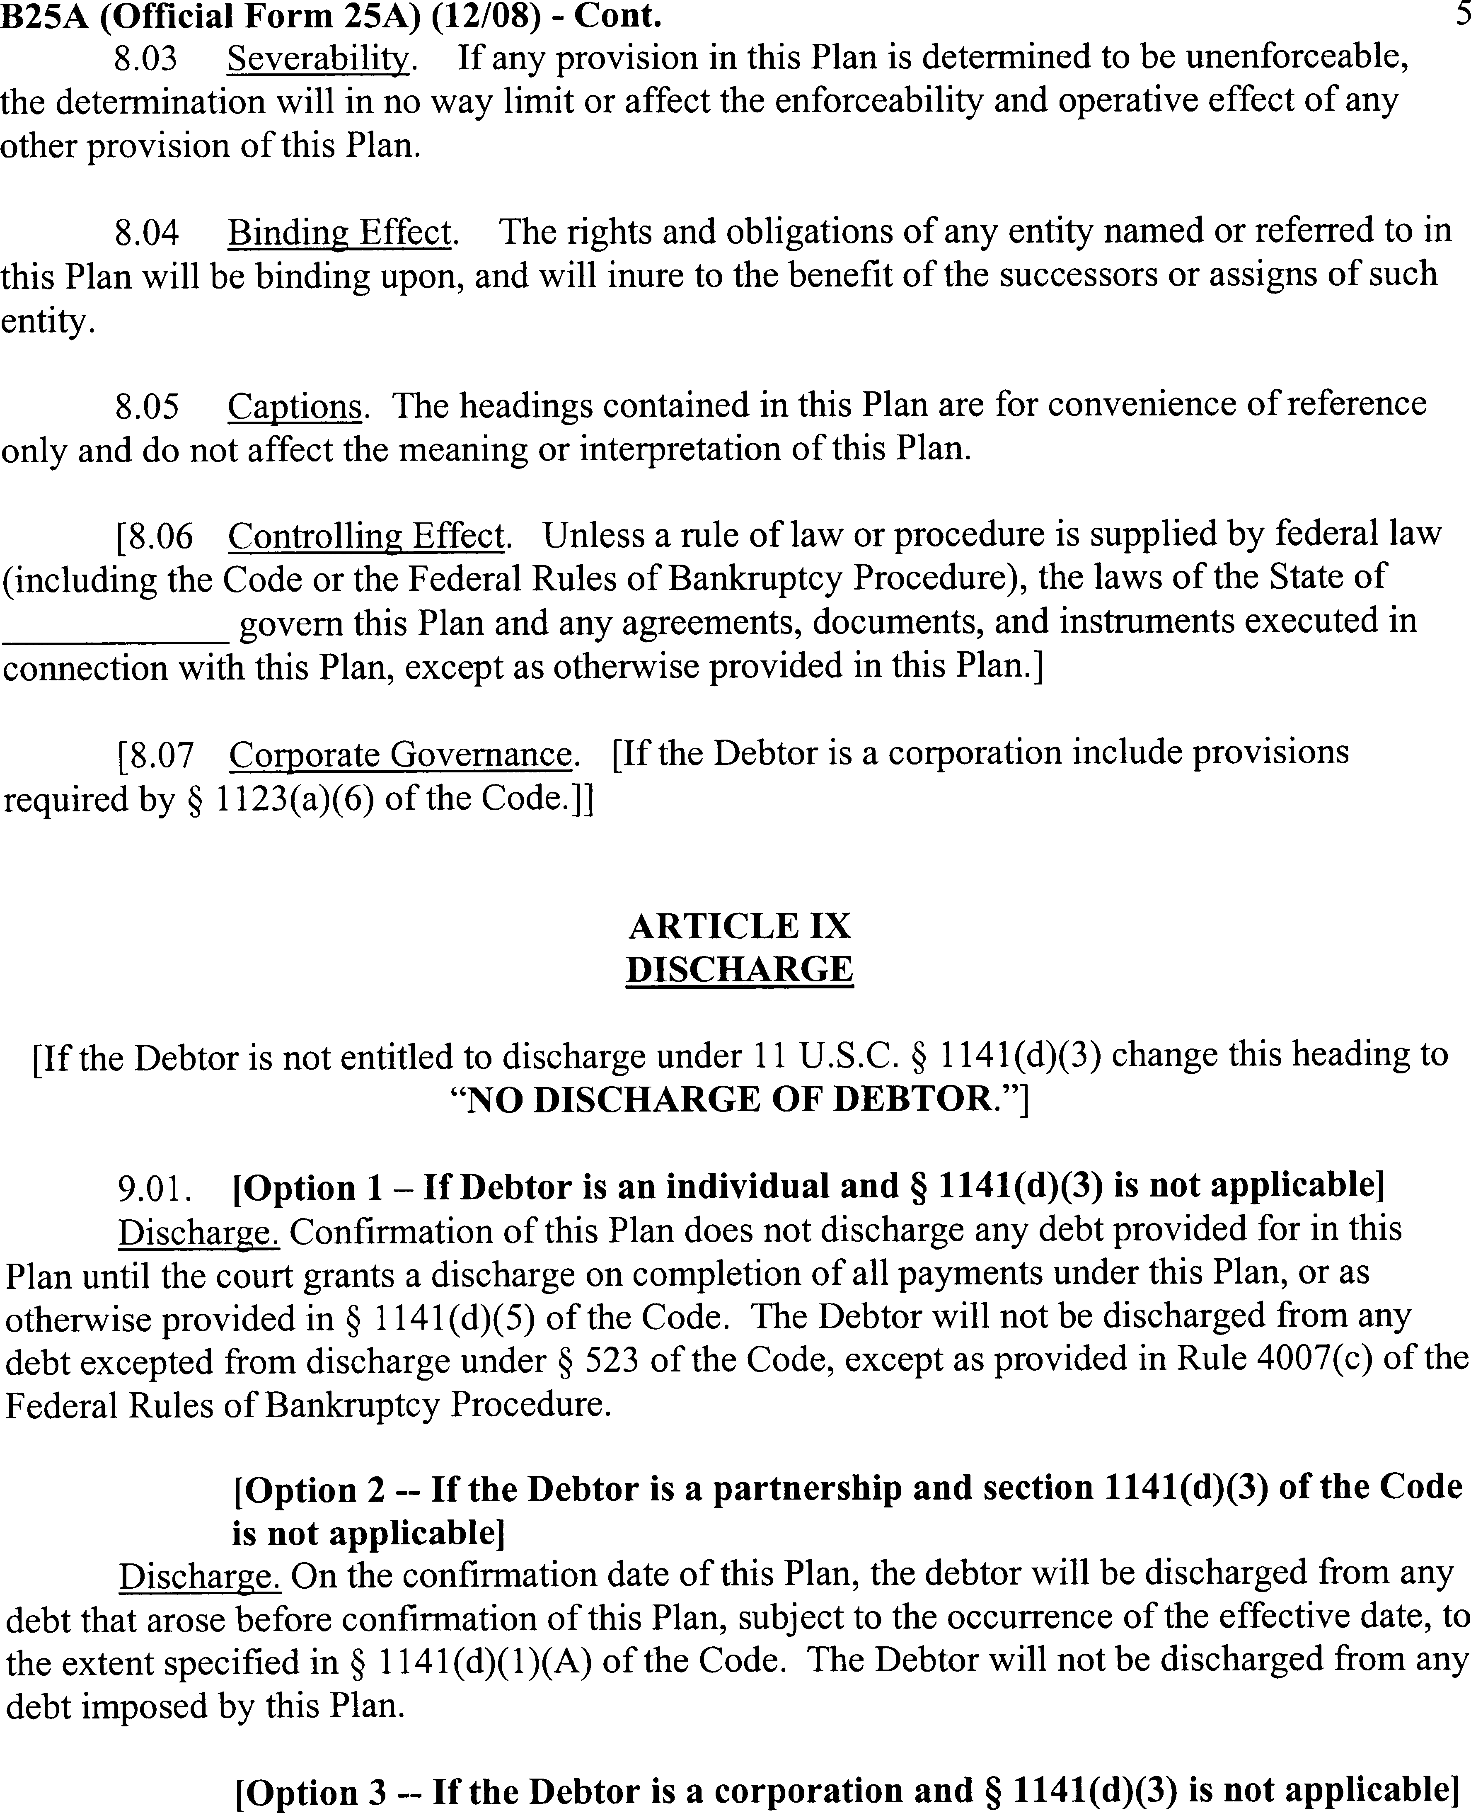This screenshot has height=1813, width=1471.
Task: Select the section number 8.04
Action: point(147,231)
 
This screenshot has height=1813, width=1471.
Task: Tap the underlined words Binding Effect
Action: point(339,231)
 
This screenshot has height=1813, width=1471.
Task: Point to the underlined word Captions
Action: point(294,406)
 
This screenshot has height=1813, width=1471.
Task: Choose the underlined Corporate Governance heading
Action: point(400,753)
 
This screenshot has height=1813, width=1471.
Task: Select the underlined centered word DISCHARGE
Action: point(739,969)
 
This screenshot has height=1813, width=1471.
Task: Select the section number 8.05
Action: point(147,406)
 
